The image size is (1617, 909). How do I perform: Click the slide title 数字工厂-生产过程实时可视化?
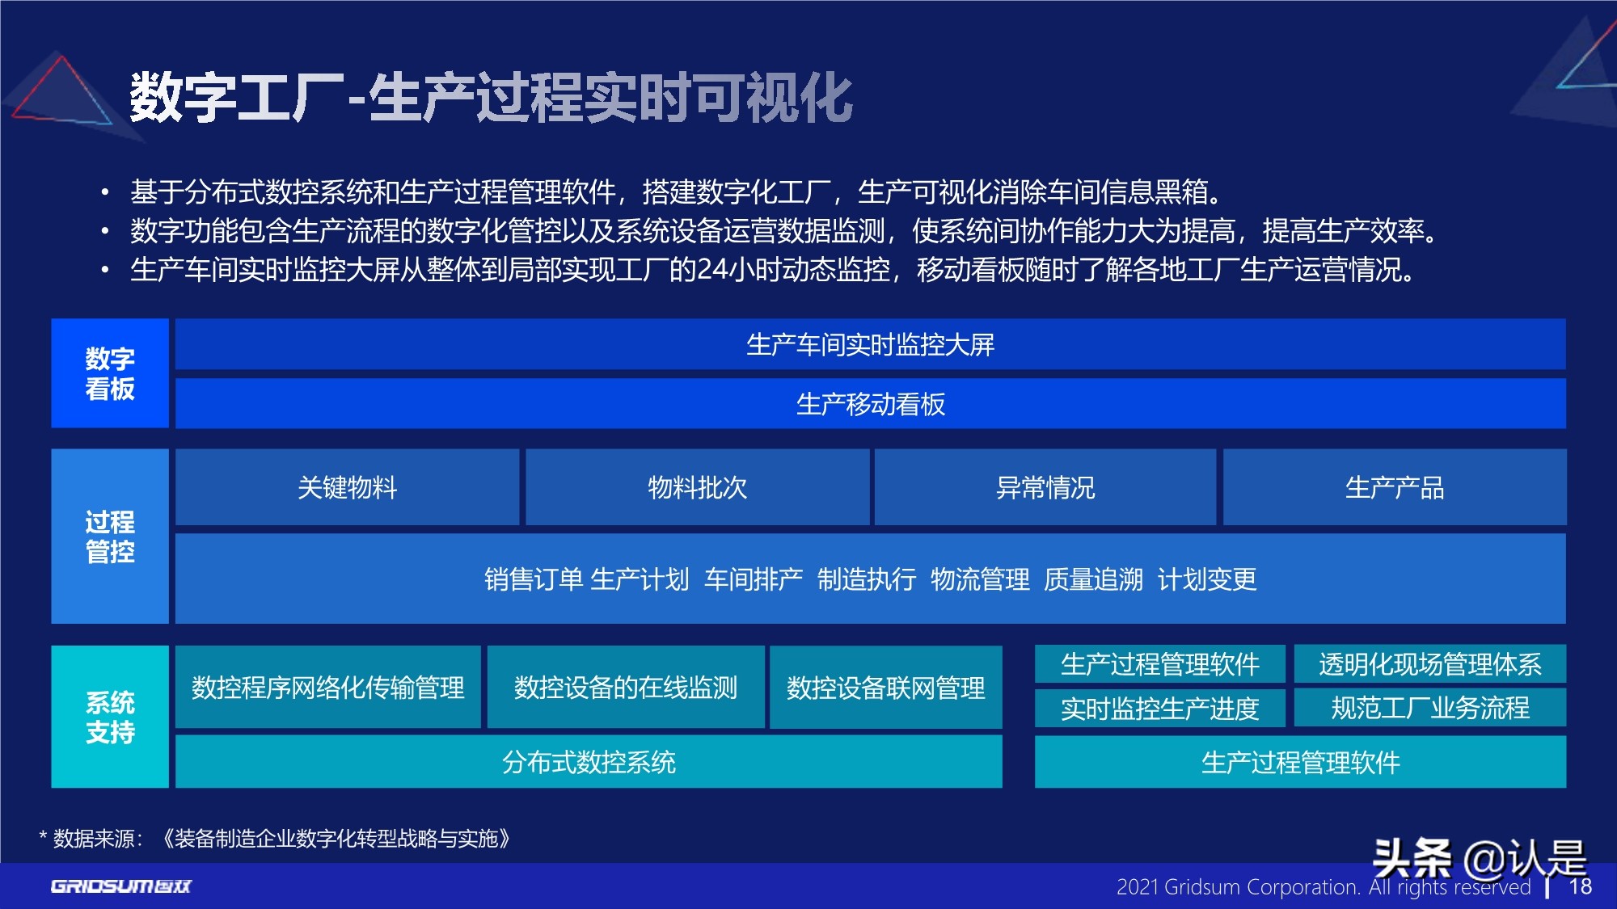pos(491,98)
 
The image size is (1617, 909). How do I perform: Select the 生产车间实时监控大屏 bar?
pos(870,345)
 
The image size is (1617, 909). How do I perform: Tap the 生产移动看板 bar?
pos(870,404)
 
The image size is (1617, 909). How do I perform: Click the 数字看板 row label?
pos(110,373)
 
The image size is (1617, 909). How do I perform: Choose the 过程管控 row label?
pos(110,537)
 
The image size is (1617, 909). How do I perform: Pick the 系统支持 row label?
pos(110,717)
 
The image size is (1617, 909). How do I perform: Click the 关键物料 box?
pos(347,488)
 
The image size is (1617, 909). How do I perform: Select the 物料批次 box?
pos(697,488)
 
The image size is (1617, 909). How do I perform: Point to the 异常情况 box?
pos(1045,488)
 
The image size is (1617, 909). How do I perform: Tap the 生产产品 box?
pos(1394,488)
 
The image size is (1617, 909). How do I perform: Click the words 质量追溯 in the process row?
pos(1093,579)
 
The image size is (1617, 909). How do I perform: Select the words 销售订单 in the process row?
pos(534,579)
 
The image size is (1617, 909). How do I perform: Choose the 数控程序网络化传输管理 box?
pos(327,688)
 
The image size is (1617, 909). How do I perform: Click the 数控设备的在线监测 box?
pos(625,688)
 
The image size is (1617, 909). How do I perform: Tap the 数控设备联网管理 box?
pos(885,688)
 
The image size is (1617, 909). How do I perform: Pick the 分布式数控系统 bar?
pos(589,762)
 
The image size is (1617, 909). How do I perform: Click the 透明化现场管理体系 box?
pos(1429,664)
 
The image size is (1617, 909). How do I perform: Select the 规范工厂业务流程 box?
pos(1429,708)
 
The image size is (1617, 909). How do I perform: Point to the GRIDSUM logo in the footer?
pos(121,886)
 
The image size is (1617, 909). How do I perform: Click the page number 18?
pos(1580,886)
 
